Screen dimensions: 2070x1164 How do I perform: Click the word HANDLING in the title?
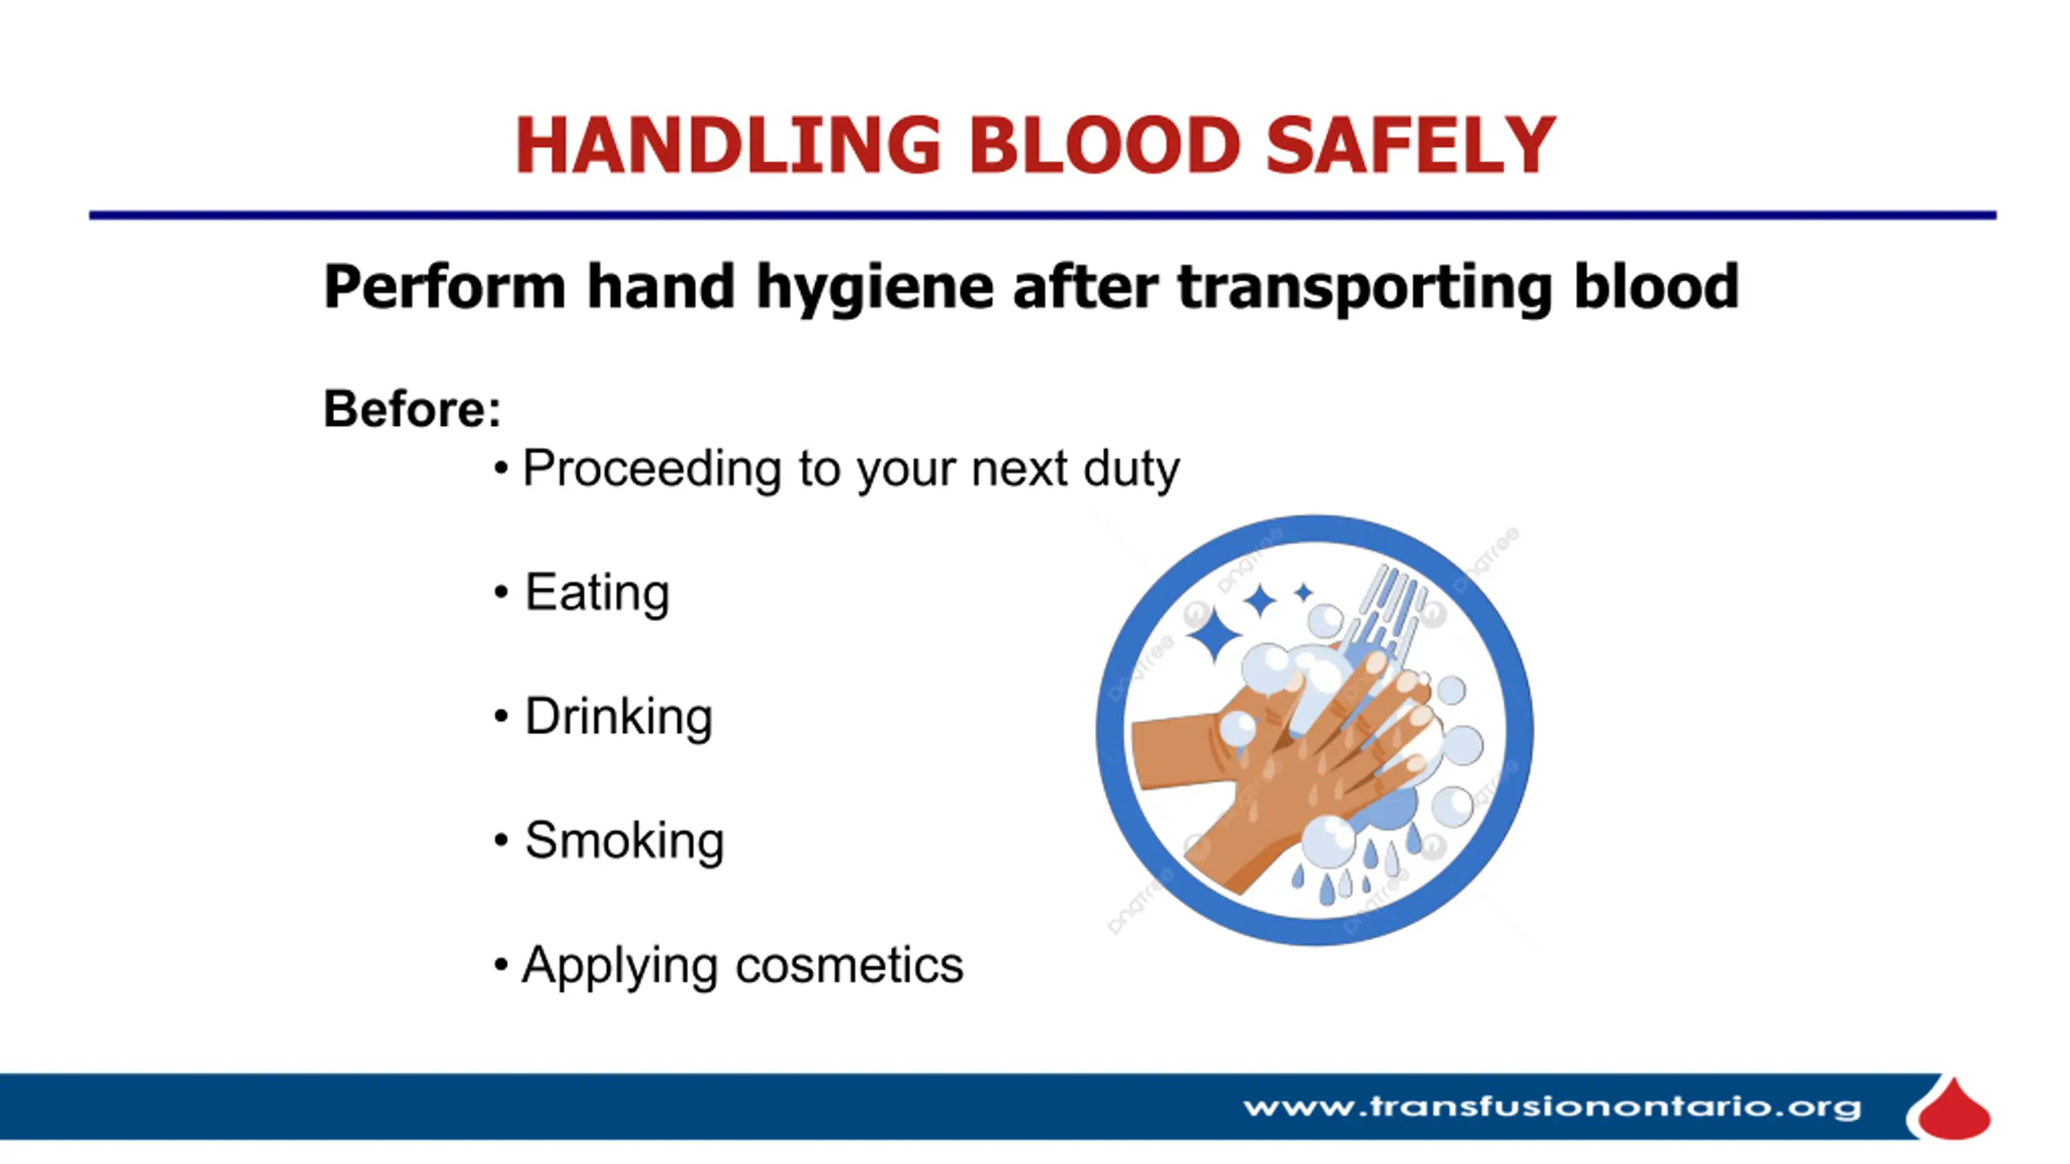[x=729, y=145]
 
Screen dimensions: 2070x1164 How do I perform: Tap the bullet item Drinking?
[x=619, y=717]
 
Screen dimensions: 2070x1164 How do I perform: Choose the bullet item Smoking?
[x=624, y=841]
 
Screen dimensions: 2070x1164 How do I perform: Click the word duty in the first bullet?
[x=1131, y=470]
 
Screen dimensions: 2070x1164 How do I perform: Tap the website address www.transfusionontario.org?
[x=1552, y=1107]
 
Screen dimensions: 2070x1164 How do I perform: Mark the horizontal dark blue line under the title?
[x=1043, y=215]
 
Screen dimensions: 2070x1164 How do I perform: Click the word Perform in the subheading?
[x=445, y=287]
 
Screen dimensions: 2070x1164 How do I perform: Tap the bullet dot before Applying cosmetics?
[x=501, y=964]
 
